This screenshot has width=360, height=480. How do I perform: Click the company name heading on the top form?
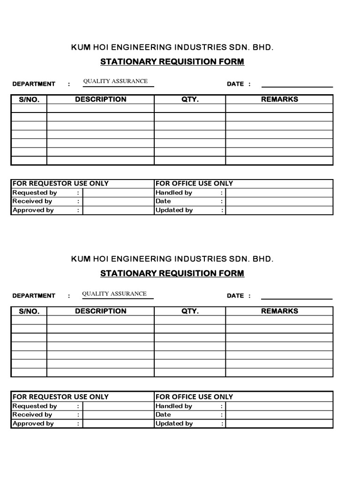click(172, 47)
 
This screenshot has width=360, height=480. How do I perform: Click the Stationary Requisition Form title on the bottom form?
click(172, 273)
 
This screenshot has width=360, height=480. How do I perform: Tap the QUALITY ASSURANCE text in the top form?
click(115, 81)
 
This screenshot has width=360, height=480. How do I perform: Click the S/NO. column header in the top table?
click(29, 99)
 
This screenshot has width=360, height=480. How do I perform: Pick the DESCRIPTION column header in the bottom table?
click(100, 311)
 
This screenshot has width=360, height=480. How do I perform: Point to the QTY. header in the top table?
click(190, 99)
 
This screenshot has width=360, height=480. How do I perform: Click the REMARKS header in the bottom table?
click(279, 311)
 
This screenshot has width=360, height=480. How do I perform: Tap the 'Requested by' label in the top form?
click(35, 193)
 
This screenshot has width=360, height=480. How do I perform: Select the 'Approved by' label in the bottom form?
click(33, 423)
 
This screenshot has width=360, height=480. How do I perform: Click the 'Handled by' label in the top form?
click(173, 193)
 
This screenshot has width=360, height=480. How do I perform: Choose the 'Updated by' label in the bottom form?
click(174, 423)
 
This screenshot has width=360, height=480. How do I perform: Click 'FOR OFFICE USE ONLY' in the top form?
click(194, 183)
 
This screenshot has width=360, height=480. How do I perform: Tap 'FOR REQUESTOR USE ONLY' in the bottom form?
click(60, 397)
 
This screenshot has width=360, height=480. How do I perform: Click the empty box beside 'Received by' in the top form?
click(118, 201)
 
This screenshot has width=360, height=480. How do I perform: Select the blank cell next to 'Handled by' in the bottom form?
click(279, 406)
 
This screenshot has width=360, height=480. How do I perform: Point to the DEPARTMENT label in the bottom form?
click(34, 296)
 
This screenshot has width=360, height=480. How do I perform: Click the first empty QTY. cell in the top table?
click(190, 108)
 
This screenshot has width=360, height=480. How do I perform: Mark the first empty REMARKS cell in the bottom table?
click(279, 320)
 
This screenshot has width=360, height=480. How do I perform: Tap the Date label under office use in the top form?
click(163, 201)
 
